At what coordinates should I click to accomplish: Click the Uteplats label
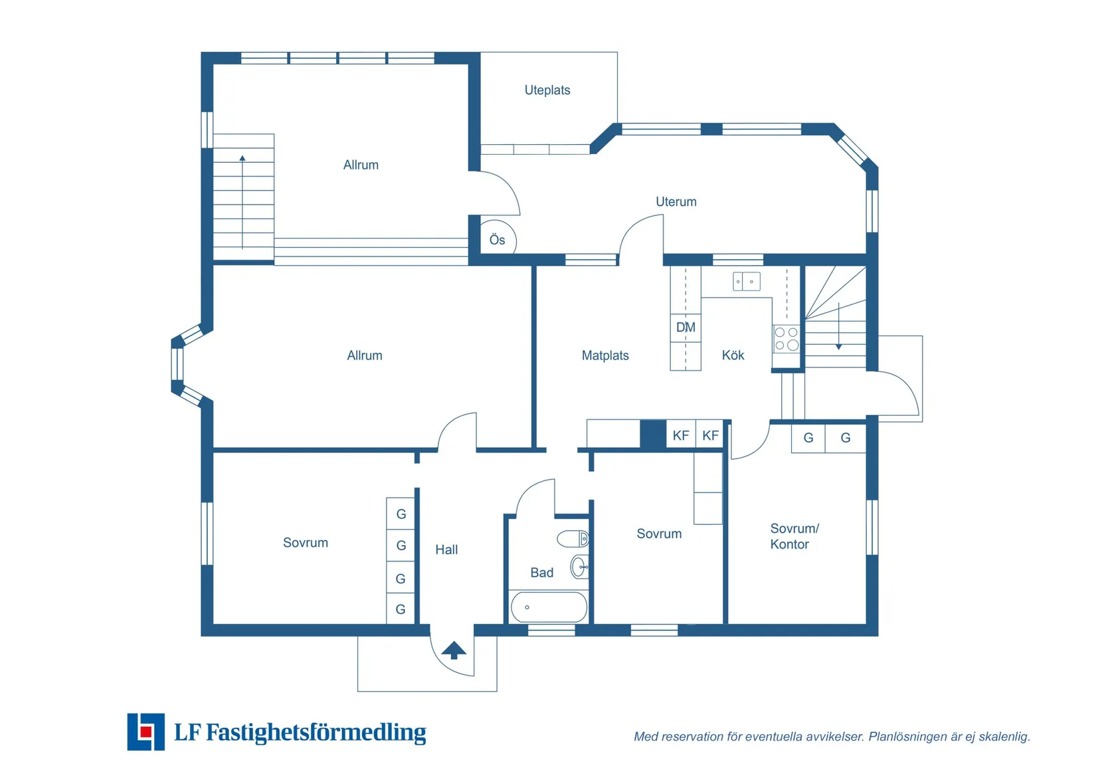547,90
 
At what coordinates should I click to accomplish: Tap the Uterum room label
676,201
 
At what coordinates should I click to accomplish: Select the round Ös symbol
497,240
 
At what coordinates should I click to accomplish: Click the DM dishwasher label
685,327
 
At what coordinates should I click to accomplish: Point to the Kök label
733,355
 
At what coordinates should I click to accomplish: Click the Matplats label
604,355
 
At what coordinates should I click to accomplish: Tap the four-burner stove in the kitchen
786,339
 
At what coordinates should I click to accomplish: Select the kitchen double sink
747,282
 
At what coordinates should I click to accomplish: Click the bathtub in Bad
549,607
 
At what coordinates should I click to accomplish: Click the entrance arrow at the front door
454,650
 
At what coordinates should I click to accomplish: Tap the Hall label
446,549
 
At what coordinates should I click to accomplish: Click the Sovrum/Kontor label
794,536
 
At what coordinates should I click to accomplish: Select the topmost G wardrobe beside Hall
401,514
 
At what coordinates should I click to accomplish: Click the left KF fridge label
680,436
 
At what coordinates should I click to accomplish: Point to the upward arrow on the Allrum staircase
242,159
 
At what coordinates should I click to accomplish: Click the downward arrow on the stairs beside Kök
838,345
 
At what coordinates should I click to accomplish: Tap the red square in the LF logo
145,732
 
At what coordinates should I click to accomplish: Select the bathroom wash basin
579,567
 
